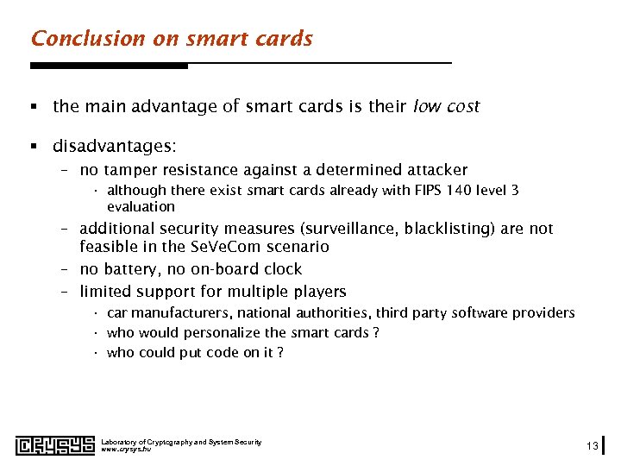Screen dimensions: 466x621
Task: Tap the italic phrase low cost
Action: (x=446, y=107)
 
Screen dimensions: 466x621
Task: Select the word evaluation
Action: (x=141, y=207)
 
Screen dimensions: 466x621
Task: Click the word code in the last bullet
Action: (x=218, y=353)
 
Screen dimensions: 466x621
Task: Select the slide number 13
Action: (x=592, y=446)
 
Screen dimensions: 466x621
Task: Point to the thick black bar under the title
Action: (x=109, y=66)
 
